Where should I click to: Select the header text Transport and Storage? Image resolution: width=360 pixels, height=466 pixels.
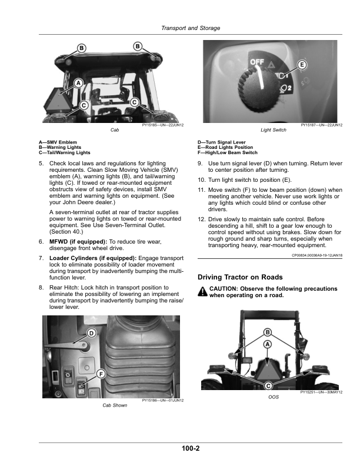tap(191, 28)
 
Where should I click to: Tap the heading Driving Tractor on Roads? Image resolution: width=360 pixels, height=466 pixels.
tap(240, 277)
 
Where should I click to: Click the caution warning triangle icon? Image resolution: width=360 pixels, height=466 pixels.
tap(202, 292)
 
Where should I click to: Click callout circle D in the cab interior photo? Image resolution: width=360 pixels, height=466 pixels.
tap(91, 334)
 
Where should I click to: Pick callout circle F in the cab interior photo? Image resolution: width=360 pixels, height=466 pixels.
tap(101, 374)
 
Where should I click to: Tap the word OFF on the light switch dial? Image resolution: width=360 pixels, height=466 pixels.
tap(256, 62)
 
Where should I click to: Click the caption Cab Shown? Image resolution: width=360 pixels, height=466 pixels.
tap(115, 405)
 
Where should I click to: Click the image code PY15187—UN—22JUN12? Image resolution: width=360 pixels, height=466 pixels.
tap(321, 125)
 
